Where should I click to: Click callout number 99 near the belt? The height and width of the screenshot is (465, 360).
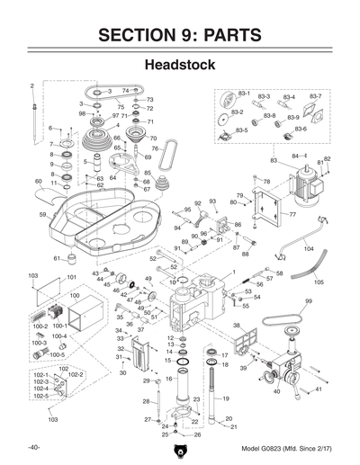pos(308,301)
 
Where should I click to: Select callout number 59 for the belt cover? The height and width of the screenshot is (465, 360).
pos(42,215)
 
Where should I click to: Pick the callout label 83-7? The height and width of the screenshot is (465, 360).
pos(316,95)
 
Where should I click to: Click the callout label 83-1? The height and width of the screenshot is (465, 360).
pos(243,94)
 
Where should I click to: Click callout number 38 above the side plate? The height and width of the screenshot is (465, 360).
pos(236,325)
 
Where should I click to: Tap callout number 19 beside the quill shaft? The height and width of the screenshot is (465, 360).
pos(227,398)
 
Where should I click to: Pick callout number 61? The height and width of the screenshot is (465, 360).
pos(56,258)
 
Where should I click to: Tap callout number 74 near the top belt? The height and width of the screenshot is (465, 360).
pos(125,91)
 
